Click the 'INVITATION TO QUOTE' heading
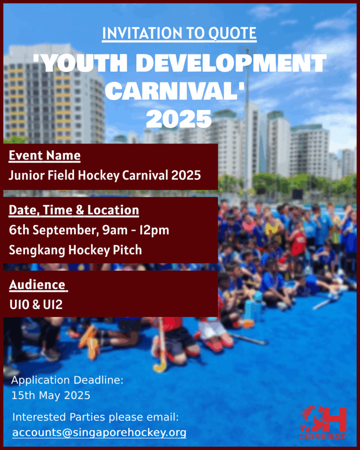[179, 33]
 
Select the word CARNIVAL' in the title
[175, 91]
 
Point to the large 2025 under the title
[178, 119]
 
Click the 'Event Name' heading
[44, 156]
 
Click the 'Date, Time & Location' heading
[74, 210]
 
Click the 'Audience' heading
[38, 285]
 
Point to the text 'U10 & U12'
[36, 305]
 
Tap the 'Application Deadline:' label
[67, 380]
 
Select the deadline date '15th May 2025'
[51, 396]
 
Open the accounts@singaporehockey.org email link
[99, 432]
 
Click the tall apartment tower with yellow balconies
[54, 95]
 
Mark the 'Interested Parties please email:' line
[95, 417]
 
